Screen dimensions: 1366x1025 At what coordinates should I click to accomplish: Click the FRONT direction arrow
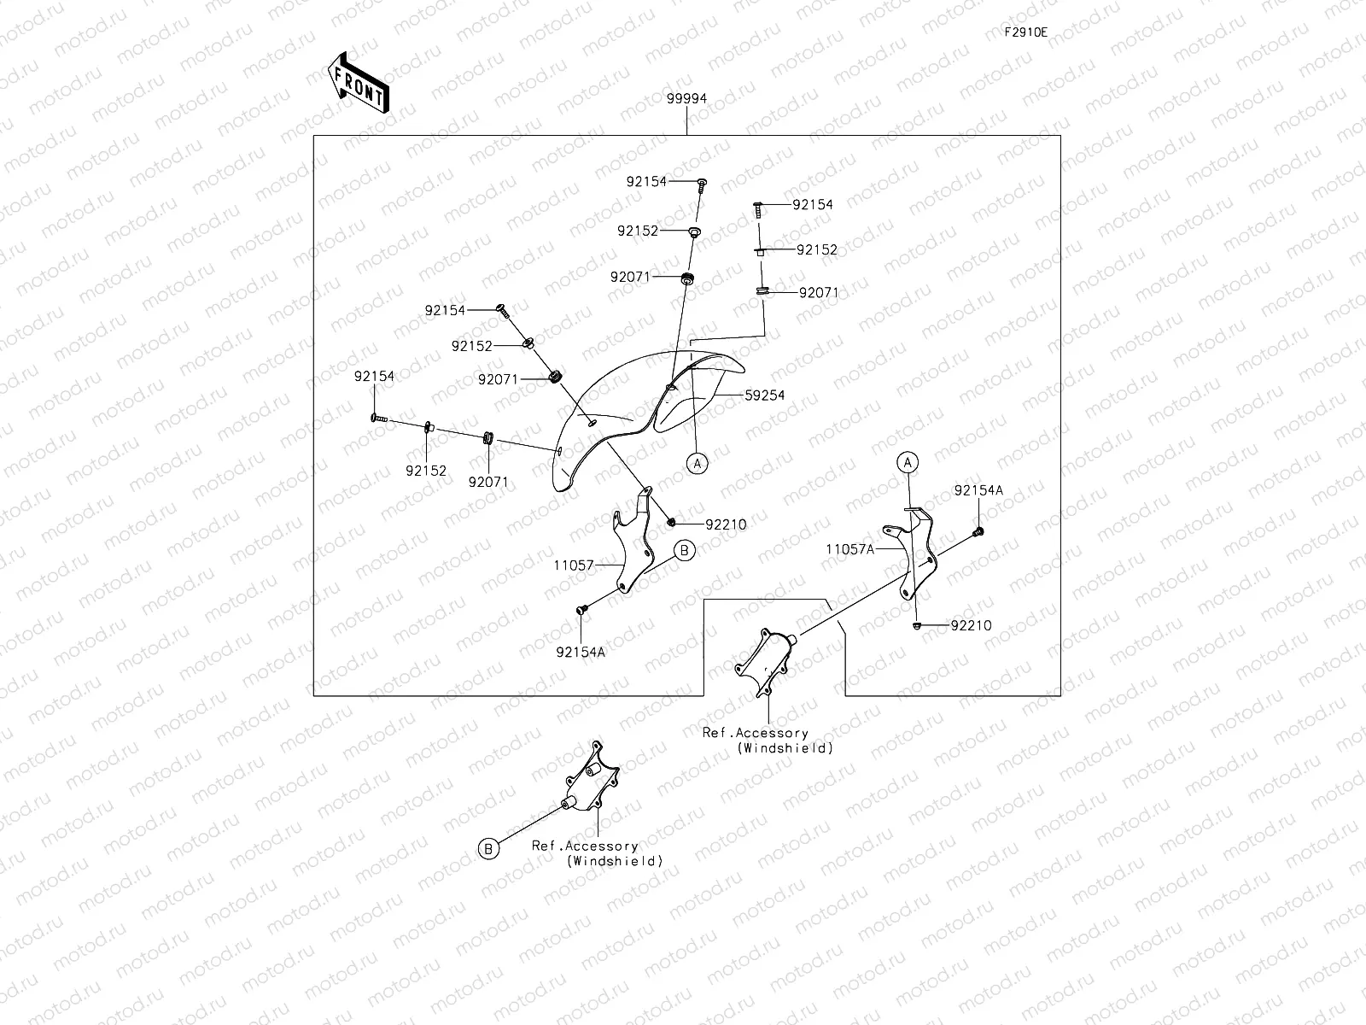(359, 82)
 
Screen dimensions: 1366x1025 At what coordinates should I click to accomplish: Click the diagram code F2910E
(1025, 32)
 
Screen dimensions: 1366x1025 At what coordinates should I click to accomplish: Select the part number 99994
(686, 98)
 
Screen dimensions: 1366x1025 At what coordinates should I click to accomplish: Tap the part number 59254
(764, 395)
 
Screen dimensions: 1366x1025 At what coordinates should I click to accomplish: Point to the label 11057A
(850, 549)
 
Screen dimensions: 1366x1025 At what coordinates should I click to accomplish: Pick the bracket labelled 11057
(633, 540)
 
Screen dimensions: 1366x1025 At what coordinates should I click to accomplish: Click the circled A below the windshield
(697, 463)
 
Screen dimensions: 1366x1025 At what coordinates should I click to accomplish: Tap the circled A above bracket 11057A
(908, 462)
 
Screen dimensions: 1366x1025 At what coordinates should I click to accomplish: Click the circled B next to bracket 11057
(685, 550)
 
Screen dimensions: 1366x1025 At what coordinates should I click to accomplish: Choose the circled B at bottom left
(488, 849)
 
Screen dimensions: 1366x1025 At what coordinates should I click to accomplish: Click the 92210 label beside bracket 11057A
(971, 625)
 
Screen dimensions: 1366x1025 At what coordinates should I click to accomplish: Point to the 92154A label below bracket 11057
(581, 652)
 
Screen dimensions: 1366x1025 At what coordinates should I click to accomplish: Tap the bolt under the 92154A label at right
(978, 532)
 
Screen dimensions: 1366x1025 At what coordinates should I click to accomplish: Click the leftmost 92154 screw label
(374, 377)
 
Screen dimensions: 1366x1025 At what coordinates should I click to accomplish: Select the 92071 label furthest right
(819, 292)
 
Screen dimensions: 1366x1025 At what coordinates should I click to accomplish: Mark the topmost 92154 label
(646, 181)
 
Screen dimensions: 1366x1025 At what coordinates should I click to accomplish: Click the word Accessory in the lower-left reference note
(602, 846)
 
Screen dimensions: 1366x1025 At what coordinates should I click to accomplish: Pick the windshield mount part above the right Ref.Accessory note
(766, 662)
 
